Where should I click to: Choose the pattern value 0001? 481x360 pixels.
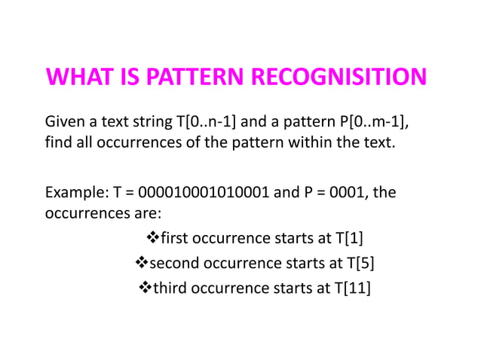(x=352, y=193)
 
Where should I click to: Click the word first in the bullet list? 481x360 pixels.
(x=174, y=239)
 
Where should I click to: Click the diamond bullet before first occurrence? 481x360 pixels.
(x=151, y=239)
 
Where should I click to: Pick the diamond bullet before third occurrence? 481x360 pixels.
(x=146, y=288)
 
